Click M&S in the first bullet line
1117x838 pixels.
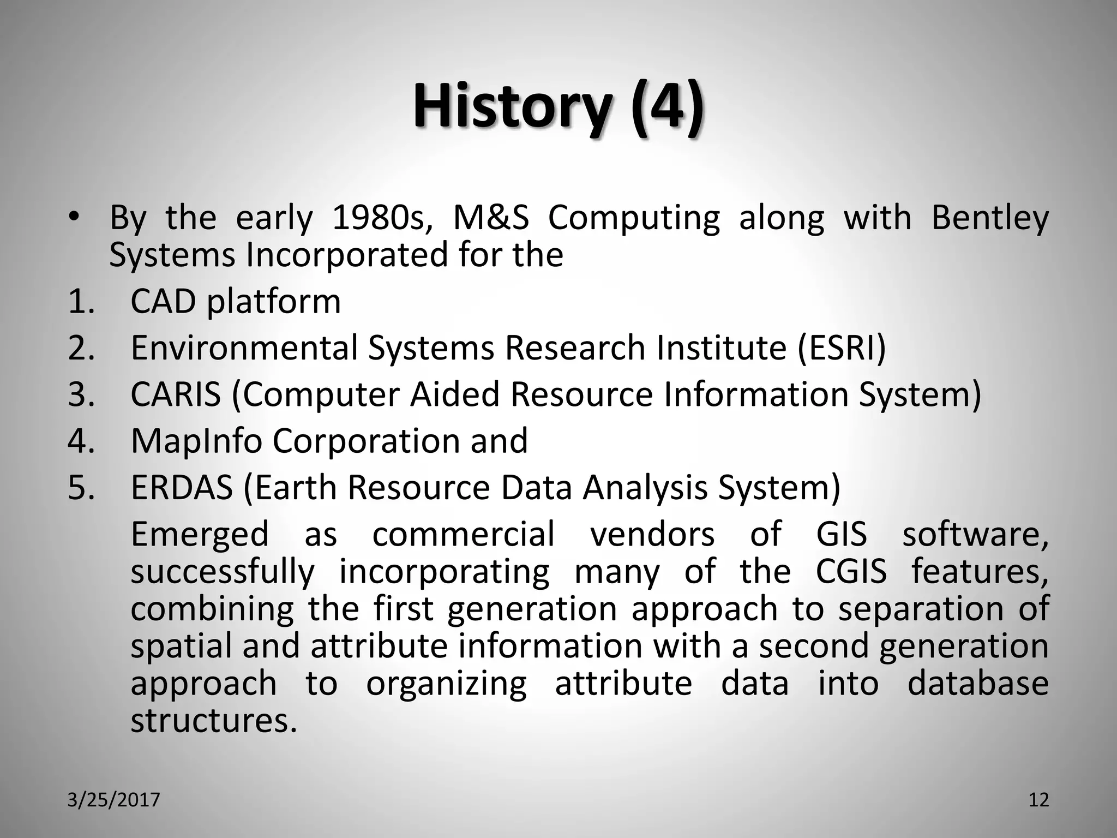tap(490, 218)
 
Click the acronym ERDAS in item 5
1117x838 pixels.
tap(182, 487)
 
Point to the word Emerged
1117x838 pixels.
tap(200, 534)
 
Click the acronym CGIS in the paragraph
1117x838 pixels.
tap(851, 572)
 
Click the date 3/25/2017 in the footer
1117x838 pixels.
tap(114, 800)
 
